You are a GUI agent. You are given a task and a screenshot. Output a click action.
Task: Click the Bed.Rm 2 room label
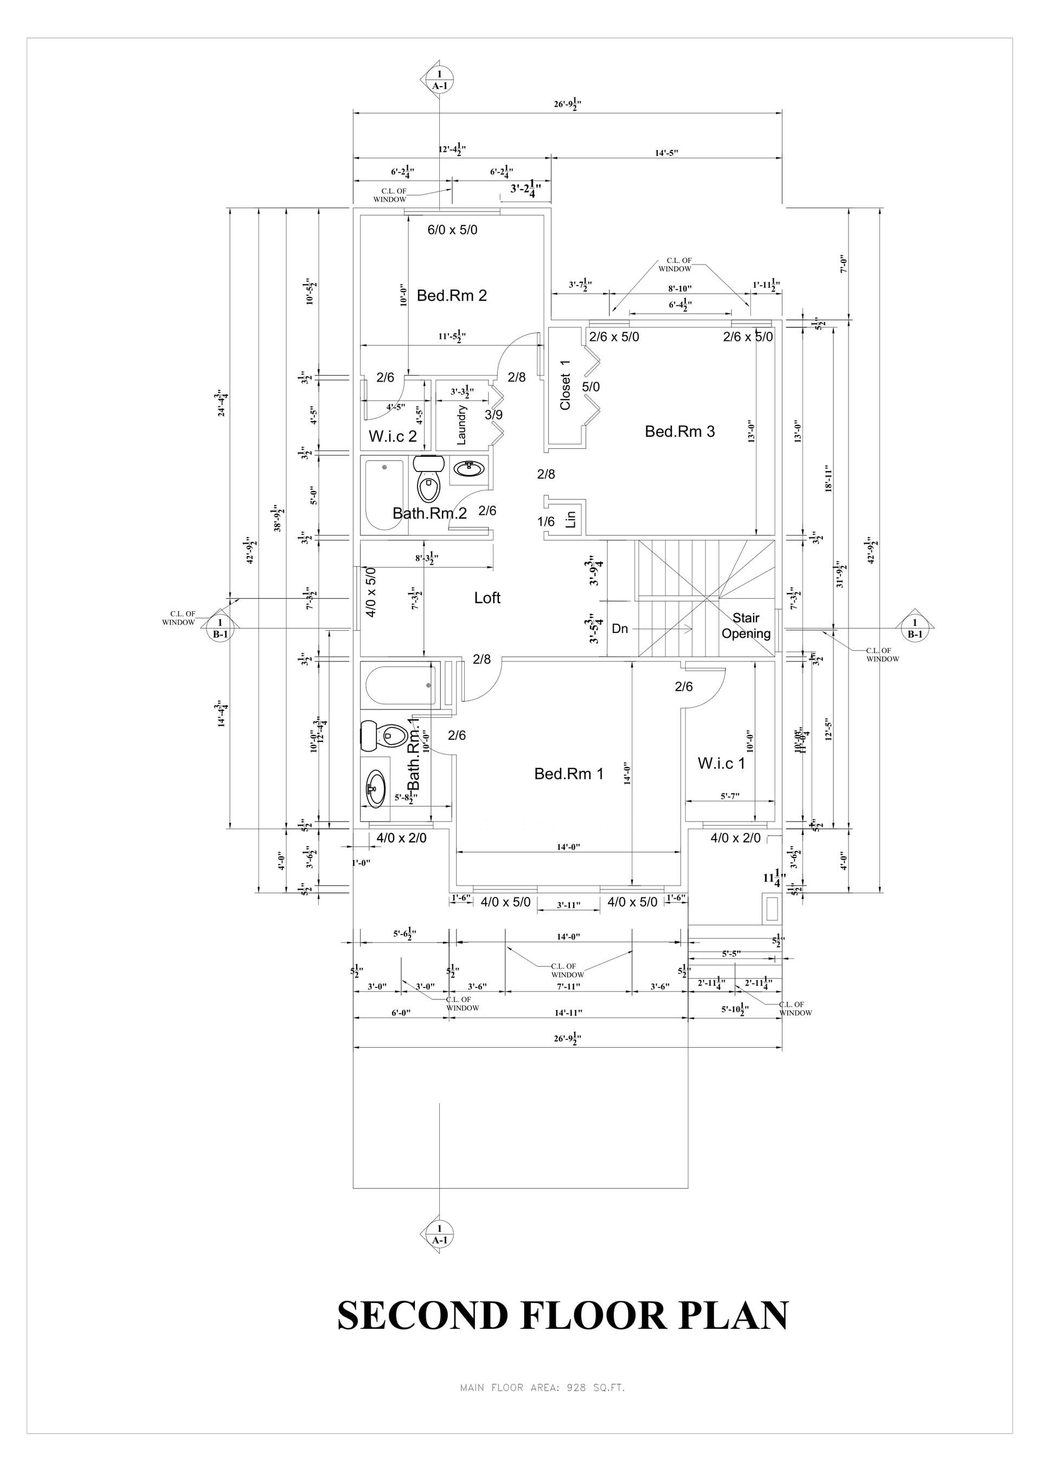click(x=452, y=295)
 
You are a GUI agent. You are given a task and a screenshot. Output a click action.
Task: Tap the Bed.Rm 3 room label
click(x=679, y=431)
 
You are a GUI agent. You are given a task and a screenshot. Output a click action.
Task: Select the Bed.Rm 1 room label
click(x=568, y=774)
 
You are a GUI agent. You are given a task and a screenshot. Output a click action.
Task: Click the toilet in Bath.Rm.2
click(x=428, y=481)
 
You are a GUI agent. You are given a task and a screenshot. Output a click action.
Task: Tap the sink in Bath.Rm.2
click(x=470, y=469)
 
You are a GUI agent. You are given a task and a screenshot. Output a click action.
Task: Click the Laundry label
click(x=461, y=424)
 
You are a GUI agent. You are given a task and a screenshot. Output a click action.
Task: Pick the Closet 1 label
click(x=565, y=385)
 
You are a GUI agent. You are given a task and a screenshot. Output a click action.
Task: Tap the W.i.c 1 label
click(x=721, y=764)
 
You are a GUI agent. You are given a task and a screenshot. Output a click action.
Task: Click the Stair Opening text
click(x=746, y=626)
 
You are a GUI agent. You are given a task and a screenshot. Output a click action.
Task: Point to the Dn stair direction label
click(x=620, y=629)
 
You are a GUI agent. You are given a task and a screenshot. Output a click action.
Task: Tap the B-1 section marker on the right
click(x=914, y=628)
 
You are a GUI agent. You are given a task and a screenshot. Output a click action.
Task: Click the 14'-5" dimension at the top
click(x=666, y=153)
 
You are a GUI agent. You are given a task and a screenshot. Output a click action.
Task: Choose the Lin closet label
click(x=571, y=518)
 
